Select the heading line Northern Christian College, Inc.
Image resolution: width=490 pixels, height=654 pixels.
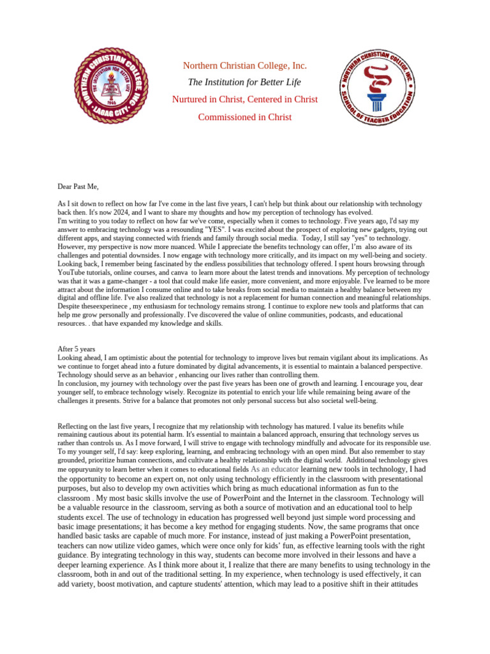[x=245, y=66]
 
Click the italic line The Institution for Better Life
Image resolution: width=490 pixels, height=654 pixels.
[x=244, y=82]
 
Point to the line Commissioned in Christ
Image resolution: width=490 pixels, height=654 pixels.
[x=245, y=117]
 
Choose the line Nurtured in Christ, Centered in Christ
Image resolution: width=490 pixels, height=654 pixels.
[x=245, y=100]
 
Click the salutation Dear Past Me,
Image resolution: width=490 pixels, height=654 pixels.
[x=78, y=187]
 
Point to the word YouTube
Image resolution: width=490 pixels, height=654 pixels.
[x=72, y=271]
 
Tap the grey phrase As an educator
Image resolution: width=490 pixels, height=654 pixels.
[x=275, y=469]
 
